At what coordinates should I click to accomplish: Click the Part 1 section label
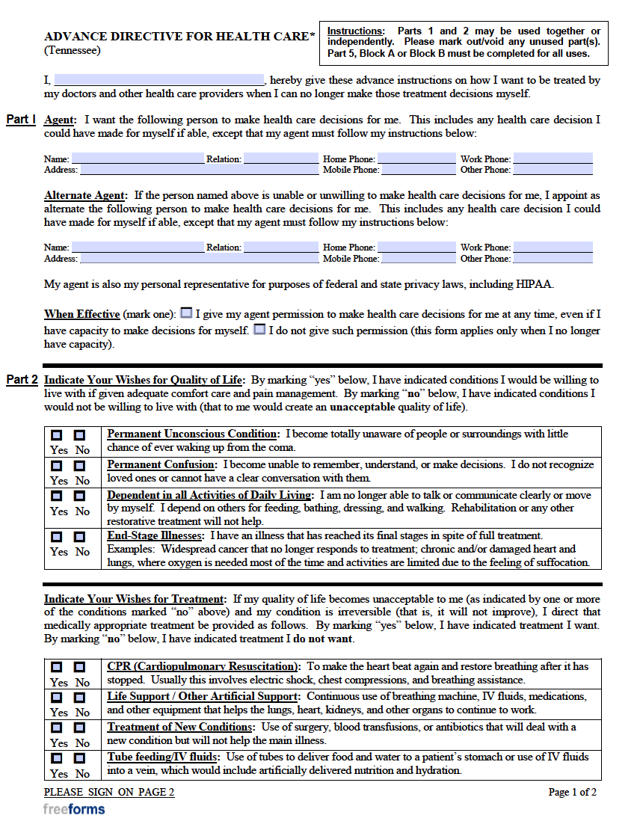[21, 120]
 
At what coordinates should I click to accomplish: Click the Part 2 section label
[22, 380]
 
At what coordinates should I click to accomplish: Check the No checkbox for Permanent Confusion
[80, 466]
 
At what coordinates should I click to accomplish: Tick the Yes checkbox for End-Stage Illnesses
[58, 537]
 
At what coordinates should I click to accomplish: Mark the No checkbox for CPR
[80, 667]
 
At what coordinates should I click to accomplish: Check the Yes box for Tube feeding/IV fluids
[58, 758]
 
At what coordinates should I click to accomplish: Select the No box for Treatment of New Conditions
[80, 728]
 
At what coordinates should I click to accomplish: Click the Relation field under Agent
[281, 159]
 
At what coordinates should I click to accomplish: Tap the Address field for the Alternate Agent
[199, 258]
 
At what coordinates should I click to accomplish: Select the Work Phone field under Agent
[553, 159]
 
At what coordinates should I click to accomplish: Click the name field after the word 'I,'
[159, 80]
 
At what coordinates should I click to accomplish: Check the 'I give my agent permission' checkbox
[186, 313]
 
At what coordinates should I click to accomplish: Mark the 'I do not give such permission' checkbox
[259, 329]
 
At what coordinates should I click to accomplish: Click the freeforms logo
[74, 809]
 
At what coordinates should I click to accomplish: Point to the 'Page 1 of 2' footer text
[572, 793]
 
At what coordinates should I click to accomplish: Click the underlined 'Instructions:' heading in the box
[356, 31]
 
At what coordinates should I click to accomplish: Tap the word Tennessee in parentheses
[72, 51]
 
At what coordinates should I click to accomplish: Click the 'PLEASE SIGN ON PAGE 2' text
[109, 793]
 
